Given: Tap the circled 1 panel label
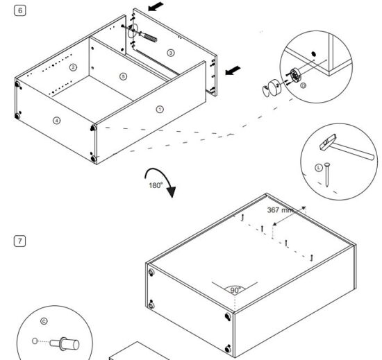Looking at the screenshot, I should pyautogui.click(x=160, y=109).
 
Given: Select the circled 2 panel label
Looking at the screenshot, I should pyautogui.click(x=72, y=67).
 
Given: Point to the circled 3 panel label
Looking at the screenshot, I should pyautogui.click(x=171, y=53).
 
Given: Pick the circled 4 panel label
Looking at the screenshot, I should pyautogui.click(x=57, y=120).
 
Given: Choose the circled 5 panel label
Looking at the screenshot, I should pyautogui.click(x=123, y=76).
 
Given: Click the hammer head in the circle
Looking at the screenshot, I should pyautogui.click(x=324, y=144).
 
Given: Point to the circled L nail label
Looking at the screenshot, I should pyautogui.click(x=318, y=166).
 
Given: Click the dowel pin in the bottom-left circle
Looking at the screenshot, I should pyautogui.click(x=68, y=342).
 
